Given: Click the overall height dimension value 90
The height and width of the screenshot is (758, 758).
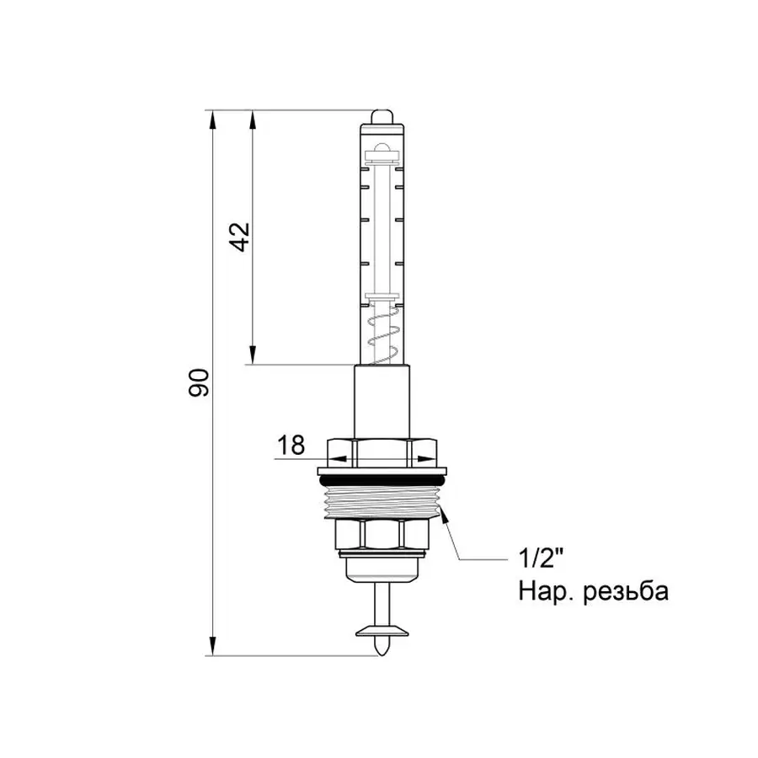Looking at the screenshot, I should click(x=200, y=382).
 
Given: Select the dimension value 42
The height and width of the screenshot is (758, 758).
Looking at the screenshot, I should click(x=240, y=237).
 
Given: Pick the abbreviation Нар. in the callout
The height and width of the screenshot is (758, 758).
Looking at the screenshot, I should click(x=546, y=592).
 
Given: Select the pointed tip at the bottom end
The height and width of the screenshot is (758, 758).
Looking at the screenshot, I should click(x=381, y=648).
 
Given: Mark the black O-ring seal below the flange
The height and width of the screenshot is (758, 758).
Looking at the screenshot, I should click(x=381, y=478).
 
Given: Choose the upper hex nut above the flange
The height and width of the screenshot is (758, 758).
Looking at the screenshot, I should click(x=381, y=451).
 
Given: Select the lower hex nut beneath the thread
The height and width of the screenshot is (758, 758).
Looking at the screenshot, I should click(x=381, y=534).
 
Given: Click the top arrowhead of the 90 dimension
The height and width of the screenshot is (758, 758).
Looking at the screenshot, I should click(x=211, y=118).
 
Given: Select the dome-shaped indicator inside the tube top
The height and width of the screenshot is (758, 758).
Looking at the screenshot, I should click(x=381, y=152).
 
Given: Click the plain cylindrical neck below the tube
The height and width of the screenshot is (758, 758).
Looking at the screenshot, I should click(x=381, y=401).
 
